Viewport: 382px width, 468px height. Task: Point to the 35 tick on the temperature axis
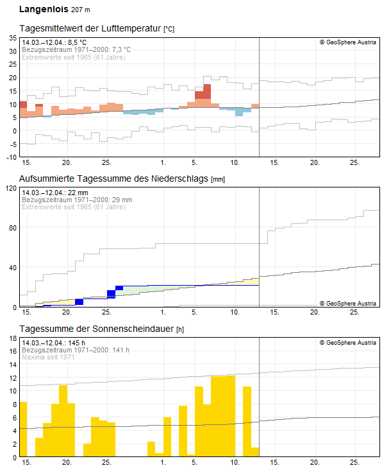coord(12,38)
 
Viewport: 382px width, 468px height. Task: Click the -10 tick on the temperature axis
coord(11,157)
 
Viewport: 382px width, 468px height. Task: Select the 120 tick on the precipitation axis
coord(10,188)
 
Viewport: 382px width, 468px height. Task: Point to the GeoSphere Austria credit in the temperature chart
coord(347,42)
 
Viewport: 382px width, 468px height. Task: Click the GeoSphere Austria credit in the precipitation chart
coord(347,302)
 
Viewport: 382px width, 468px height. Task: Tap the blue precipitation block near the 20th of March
coord(79,302)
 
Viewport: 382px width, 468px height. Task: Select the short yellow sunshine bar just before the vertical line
coord(255,451)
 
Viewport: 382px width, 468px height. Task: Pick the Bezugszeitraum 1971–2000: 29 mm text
coord(77,200)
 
